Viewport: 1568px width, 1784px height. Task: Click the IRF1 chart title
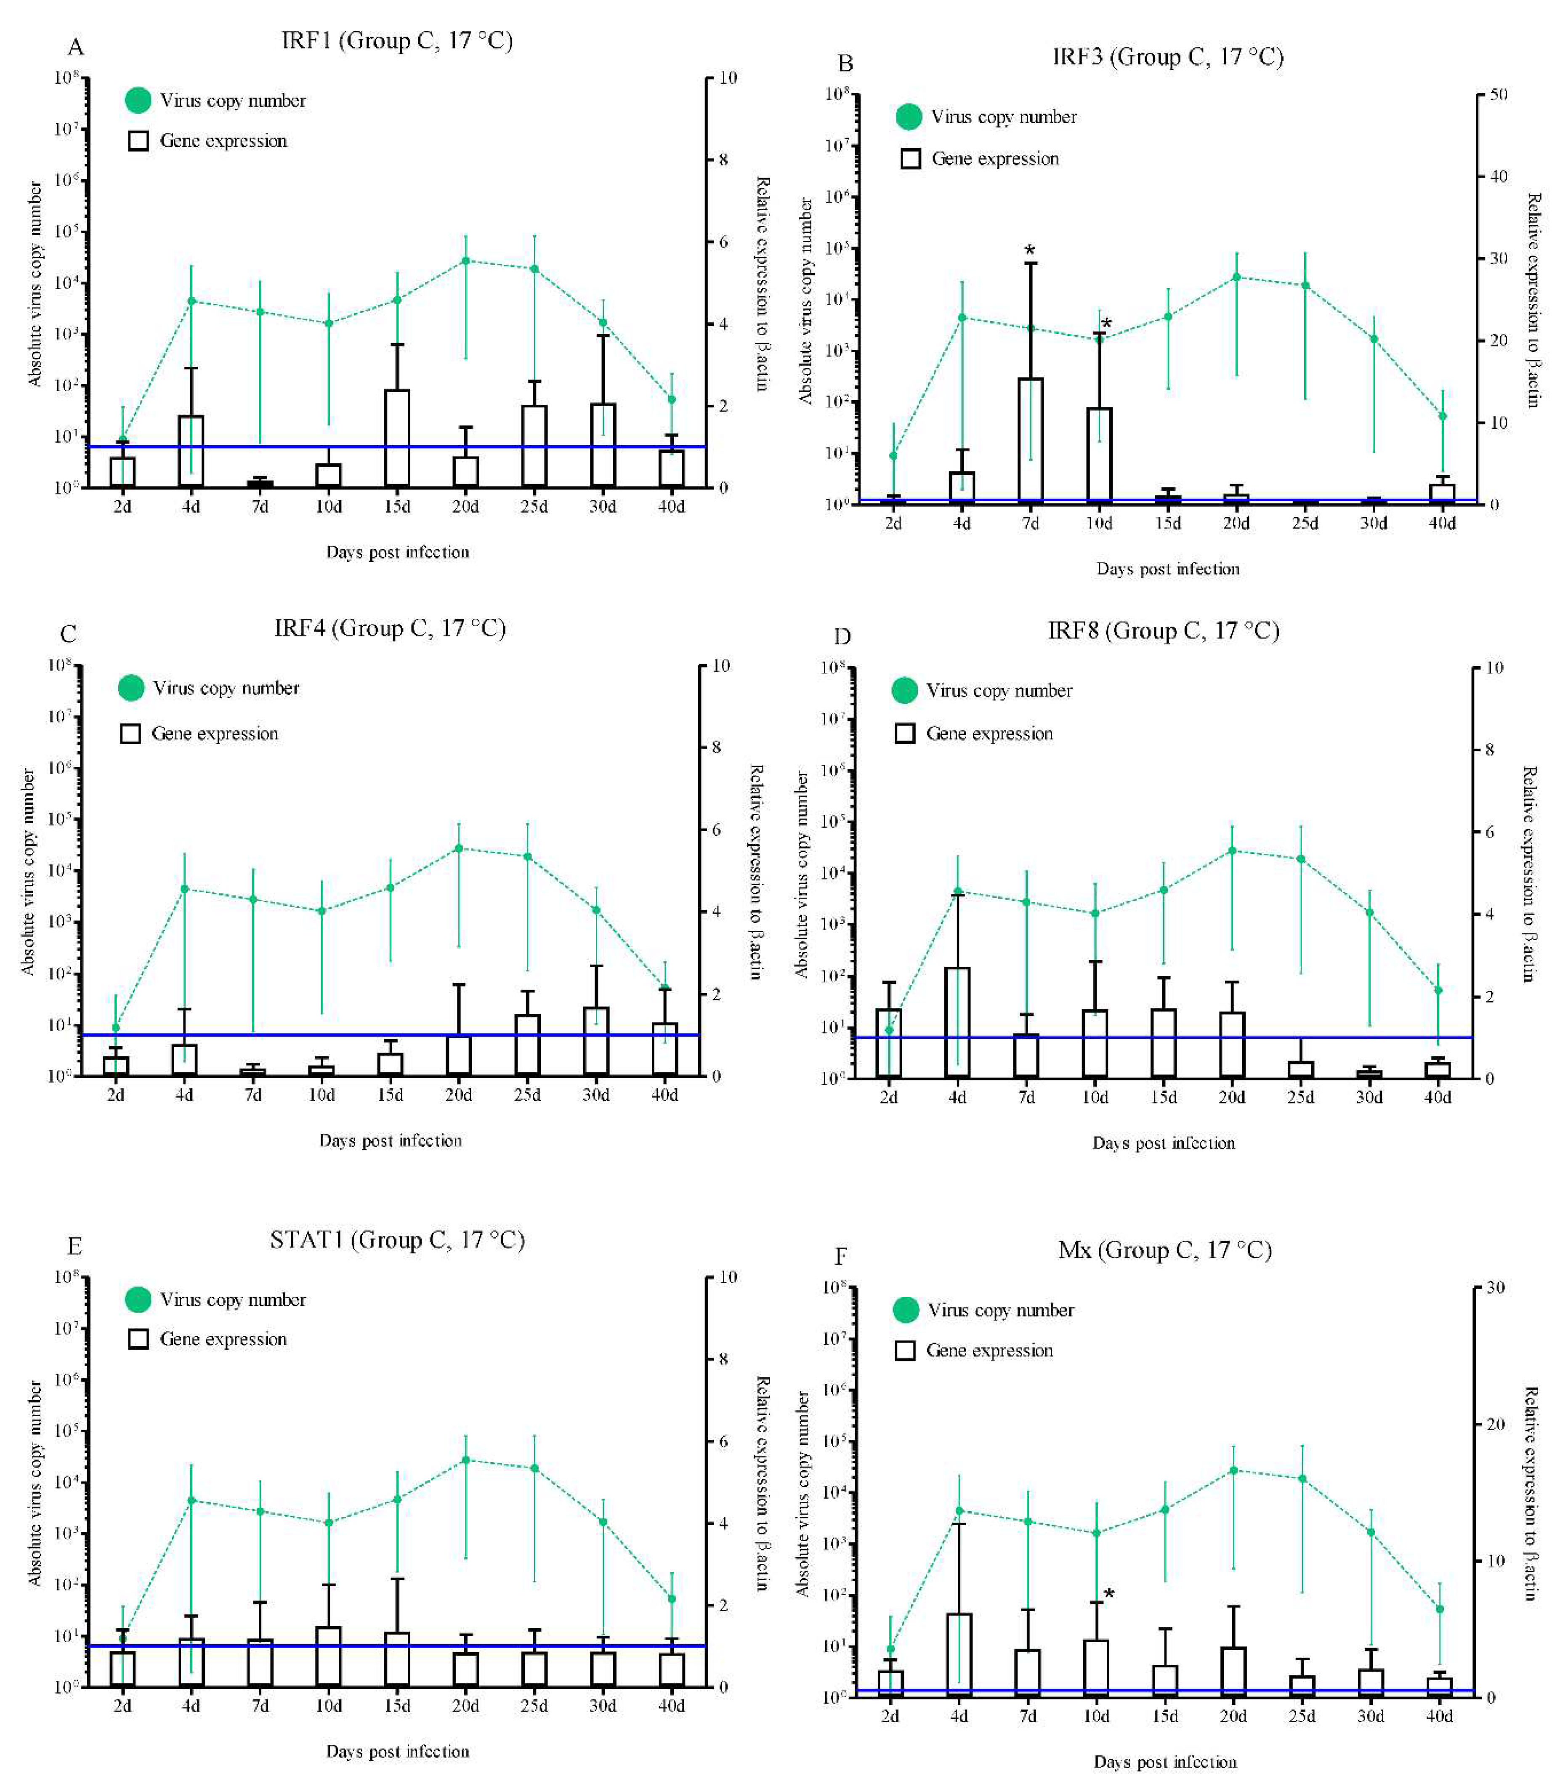pyautogui.click(x=397, y=41)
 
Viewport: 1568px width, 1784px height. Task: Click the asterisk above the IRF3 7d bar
pyautogui.click(x=1030, y=251)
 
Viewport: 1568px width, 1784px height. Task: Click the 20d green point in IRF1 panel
pyautogui.click(x=465, y=260)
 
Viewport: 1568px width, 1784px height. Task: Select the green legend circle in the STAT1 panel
pyautogui.click(x=138, y=1300)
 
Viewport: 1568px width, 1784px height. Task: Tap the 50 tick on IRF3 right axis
pyautogui.click(x=1497, y=94)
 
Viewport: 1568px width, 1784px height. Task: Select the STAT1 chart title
pyautogui.click(x=397, y=1240)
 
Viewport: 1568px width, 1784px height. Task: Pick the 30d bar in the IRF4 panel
pyautogui.click(x=596, y=1040)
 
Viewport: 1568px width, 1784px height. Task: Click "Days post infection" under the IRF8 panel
pyautogui.click(x=1164, y=1143)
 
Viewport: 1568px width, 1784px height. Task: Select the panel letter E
pyautogui.click(x=75, y=1246)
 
